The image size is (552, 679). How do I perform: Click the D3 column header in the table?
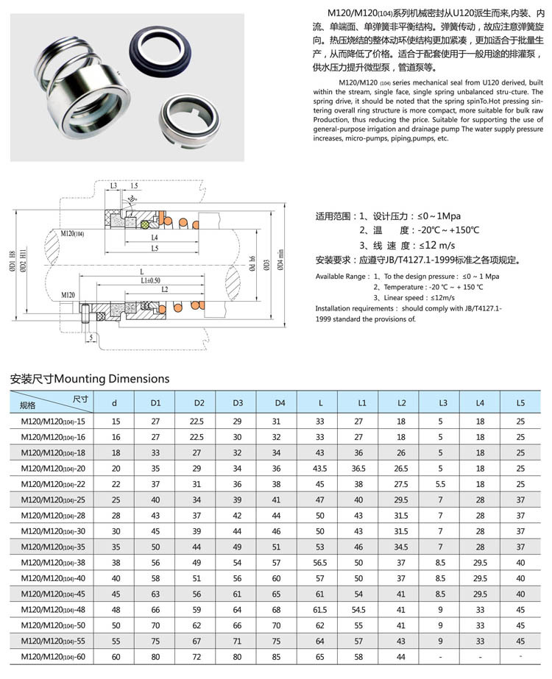[x=238, y=403]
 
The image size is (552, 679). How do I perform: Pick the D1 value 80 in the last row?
[x=156, y=656]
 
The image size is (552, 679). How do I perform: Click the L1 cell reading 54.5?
[x=360, y=609]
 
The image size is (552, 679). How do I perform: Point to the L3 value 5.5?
[x=441, y=483]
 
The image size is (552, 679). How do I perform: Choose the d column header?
[x=114, y=403]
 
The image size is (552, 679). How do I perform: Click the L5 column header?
[x=520, y=403]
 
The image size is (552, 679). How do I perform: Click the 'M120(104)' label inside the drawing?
[x=74, y=233]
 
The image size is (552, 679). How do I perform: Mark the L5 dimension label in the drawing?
[x=154, y=249]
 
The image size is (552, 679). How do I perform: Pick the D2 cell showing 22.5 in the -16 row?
[x=199, y=436]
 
